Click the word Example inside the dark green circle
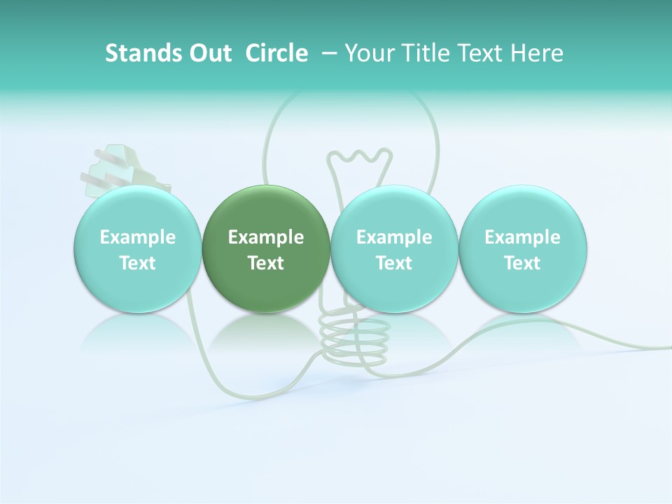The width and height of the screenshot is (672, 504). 266,237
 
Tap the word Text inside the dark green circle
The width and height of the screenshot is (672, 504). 266,263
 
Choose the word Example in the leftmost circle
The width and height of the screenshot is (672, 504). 138,237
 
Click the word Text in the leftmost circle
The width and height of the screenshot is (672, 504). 138,263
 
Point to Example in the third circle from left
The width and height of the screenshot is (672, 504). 394,237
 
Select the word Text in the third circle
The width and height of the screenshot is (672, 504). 394,263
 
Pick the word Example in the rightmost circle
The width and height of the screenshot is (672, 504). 522,237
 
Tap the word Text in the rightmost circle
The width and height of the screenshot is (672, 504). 522,263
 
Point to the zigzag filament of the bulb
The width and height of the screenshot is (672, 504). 360,157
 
